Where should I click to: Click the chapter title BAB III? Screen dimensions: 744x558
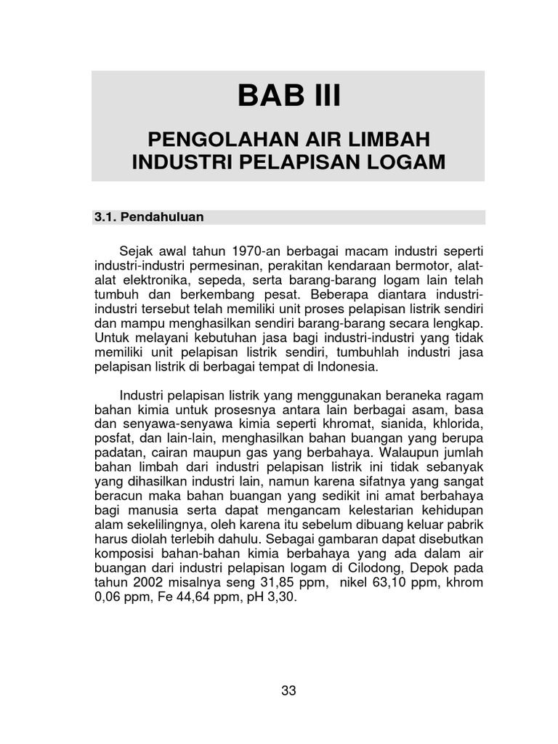[x=288, y=96]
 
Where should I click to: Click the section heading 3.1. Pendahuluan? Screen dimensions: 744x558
[x=149, y=217]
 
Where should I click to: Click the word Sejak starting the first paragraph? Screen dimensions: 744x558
[x=135, y=251]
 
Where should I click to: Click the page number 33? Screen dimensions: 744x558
[x=288, y=691]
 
